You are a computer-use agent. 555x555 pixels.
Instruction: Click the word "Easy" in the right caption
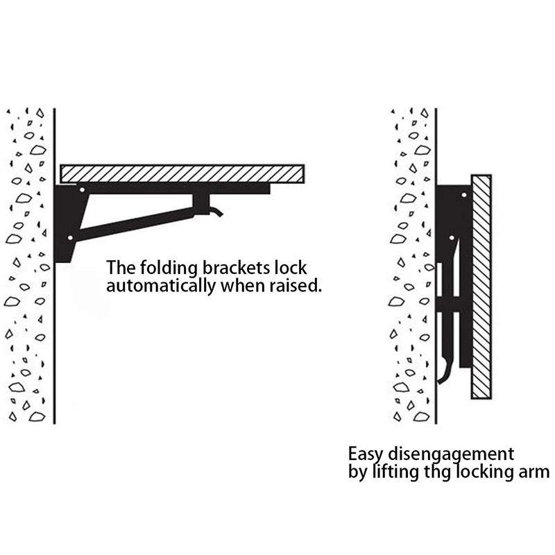click(x=365, y=455)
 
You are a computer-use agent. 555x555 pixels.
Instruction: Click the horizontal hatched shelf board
click(x=182, y=173)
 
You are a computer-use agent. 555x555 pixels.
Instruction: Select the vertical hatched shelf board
click(x=481, y=286)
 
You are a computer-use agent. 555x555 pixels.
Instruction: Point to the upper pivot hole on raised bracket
click(x=82, y=189)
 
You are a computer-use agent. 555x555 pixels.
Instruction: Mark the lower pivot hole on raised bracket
click(x=70, y=238)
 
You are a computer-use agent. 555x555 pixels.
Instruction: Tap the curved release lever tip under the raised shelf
click(x=218, y=212)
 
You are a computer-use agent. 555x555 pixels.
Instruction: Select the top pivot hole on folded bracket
click(x=463, y=194)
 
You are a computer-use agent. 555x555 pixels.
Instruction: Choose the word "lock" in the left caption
click(x=291, y=267)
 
